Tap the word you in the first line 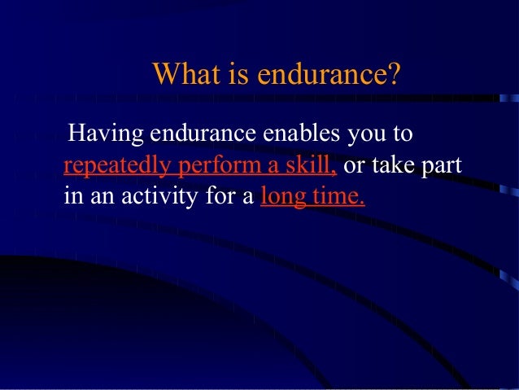[x=368, y=134]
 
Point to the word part [x=443, y=166]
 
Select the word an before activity [x=100, y=197]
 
